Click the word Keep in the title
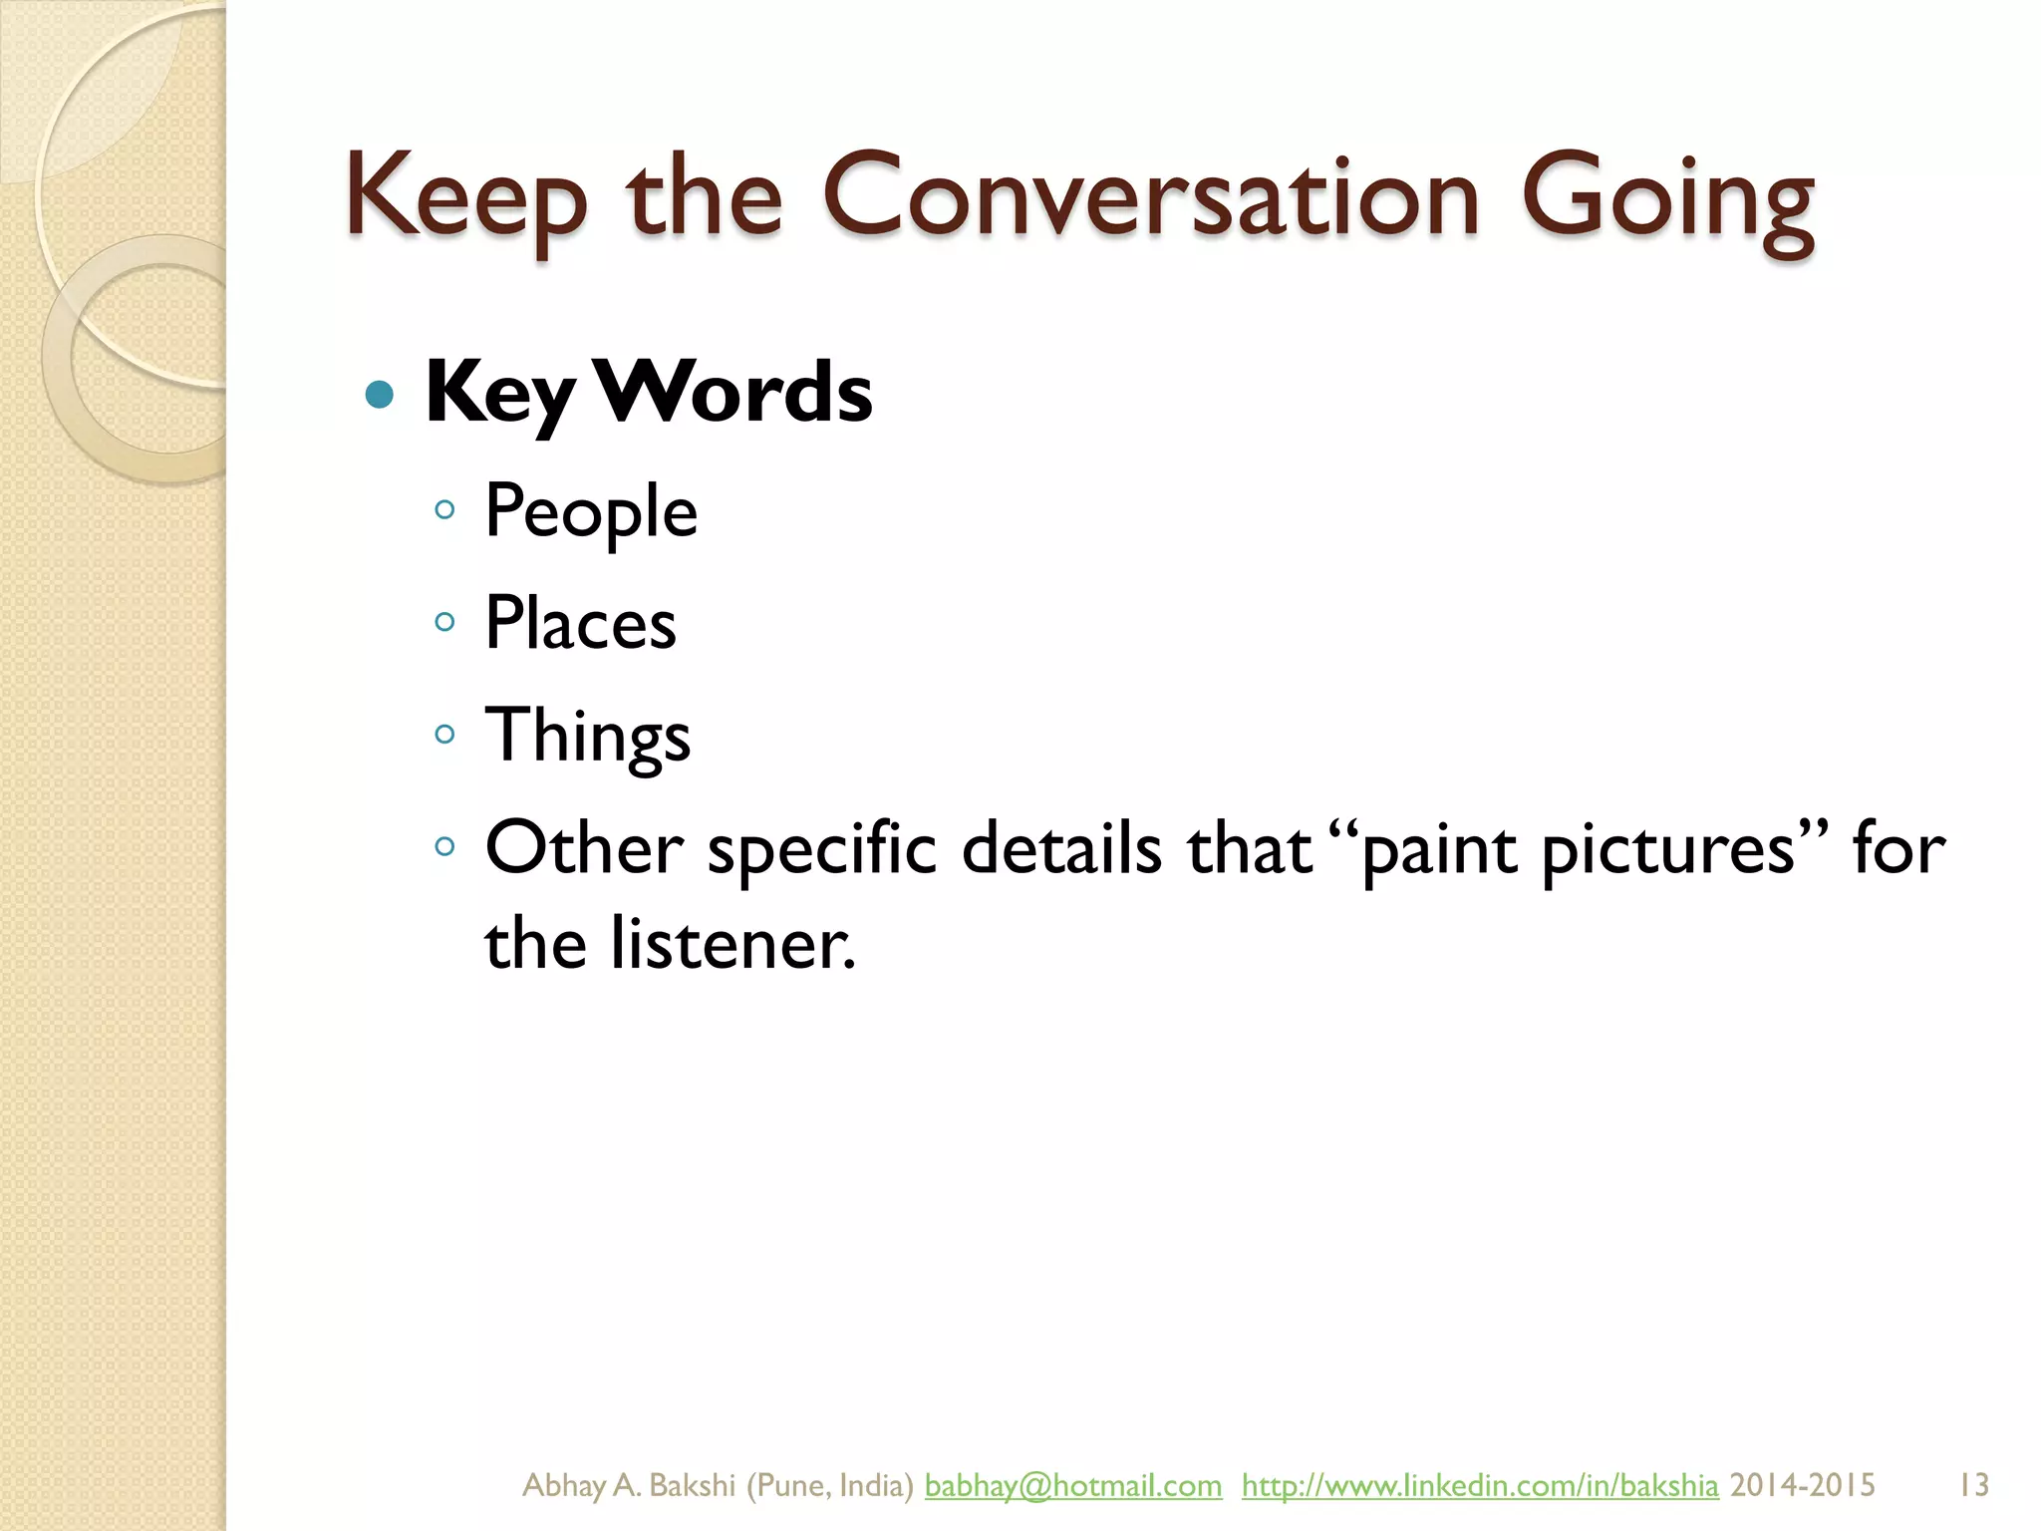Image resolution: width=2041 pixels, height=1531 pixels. [466, 199]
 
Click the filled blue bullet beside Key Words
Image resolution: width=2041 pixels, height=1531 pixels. [380, 396]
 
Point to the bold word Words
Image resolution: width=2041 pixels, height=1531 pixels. [733, 393]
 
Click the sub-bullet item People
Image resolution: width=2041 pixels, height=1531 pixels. [591, 511]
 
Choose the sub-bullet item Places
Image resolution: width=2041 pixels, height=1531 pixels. [580, 624]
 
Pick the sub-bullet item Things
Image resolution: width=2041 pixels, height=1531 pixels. [587, 736]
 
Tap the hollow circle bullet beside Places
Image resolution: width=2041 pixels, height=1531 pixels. [445, 623]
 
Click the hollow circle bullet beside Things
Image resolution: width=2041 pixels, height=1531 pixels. [445, 736]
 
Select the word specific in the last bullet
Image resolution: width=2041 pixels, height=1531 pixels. [822, 849]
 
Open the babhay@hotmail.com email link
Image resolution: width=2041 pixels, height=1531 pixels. [1072, 1485]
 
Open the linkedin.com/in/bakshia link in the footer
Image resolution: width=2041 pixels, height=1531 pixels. [1480, 1485]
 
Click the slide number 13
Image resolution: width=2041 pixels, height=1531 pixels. [1973, 1485]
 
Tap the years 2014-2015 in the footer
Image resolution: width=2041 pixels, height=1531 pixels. [1802, 1485]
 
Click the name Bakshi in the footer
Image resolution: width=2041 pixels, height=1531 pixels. [692, 1485]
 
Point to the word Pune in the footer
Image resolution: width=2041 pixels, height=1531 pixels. [789, 1485]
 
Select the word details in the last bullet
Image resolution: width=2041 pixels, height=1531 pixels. [1061, 849]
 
